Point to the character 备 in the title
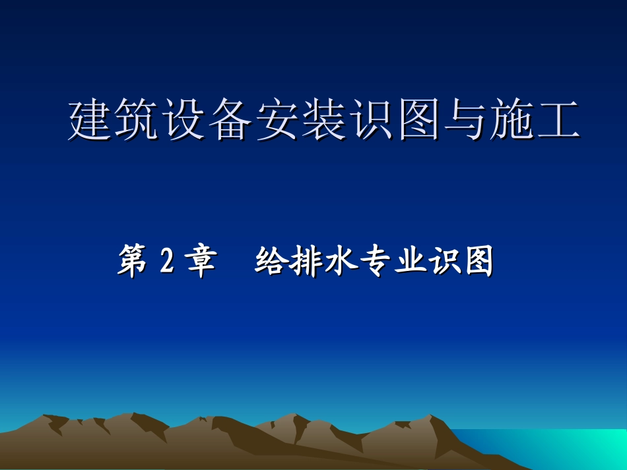[x=232, y=120]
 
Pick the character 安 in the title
[x=278, y=120]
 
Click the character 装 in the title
[x=325, y=120]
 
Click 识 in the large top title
[x=372, y=120]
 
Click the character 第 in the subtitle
[x=133, y=262]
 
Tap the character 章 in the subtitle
[x=201, y=262]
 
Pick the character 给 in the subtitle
[x=271, y=262]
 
